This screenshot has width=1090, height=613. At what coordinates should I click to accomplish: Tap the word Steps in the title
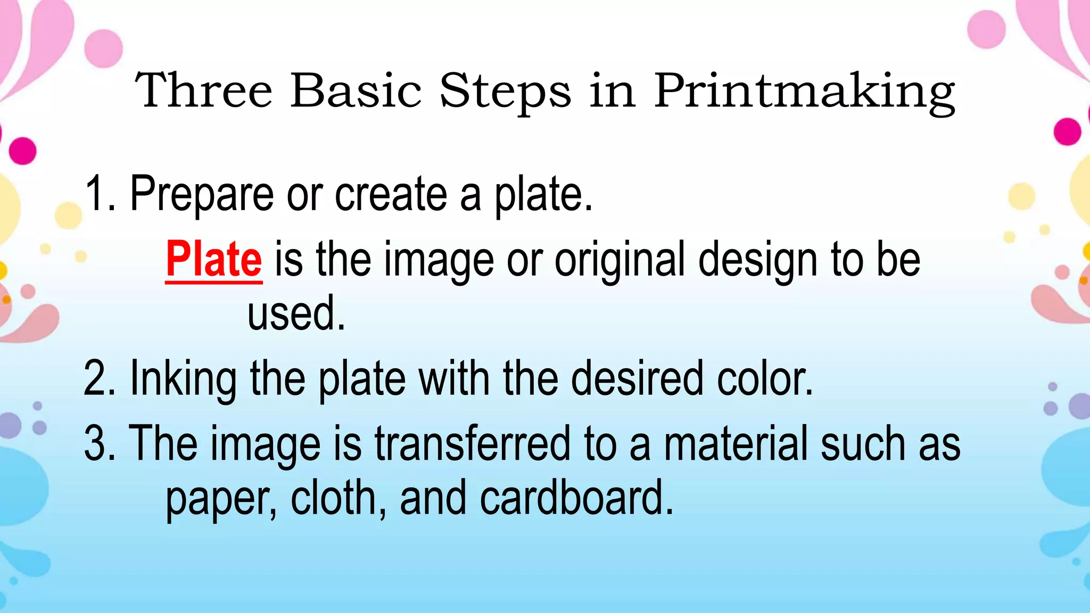click(x=505, y=92)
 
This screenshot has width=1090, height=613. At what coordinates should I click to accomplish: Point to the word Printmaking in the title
click(x=804, y=92)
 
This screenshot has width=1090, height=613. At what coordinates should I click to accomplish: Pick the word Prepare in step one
click(x=202, y=195)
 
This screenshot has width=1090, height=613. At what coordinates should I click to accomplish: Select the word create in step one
click(x=391, y=194)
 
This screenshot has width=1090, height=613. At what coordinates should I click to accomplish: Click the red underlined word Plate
click(x=213, y=260)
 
